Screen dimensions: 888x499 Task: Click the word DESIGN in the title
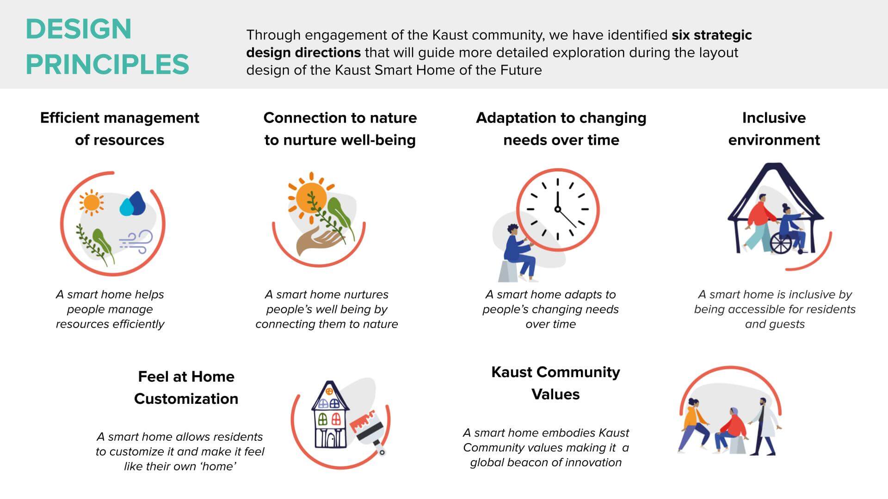click(x=79, y=29)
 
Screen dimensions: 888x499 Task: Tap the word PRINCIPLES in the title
click(x=107, y=64)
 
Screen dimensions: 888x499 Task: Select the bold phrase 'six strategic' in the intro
click(x=712, y=35)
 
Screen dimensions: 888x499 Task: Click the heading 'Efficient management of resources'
click(x=120, y=129)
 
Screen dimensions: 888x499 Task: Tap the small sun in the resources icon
click(x=91, y=202)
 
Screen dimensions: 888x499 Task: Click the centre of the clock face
click(x=558, y=209)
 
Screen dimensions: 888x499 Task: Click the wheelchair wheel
click(x=781, y=243)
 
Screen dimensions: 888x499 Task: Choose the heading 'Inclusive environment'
click(x=774, y=129)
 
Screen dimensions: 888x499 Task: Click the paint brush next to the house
click(x=370, y=432)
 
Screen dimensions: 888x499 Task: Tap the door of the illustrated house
click(x=330, y=439)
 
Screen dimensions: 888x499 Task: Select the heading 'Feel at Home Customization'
click(x=186, y=388)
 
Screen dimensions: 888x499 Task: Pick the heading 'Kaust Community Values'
click(x=555, y=383)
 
